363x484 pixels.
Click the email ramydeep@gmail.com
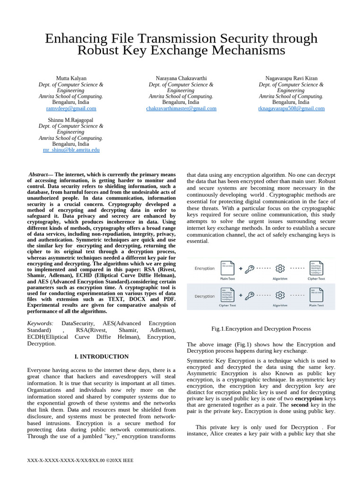pyautogui.click(x=71, y=108)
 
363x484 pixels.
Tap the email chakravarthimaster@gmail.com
pyautogui.click(x=181, y=108)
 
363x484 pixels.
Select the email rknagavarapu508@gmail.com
pyautogui.click(x=291, y=108)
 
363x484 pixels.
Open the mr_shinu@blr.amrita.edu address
pyautogui.click(x=71, y=150)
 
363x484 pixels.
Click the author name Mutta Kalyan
pyautogui.click(x=71, y=78)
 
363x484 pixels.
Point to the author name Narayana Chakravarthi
pyautogui.click(x=181, y=78)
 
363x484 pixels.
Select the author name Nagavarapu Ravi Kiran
pyautogui.click(x=291, y=78)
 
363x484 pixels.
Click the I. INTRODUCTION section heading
pyautogui.click(x=102, y=356)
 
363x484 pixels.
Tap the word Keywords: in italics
pyautogui.click(x=40, y=323)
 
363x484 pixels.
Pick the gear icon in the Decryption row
pyautogui.click(x=280, y=295)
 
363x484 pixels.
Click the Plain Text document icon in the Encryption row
pyautogui.click(x=227, y=268)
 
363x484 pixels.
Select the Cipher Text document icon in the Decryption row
pyautogui.click(x=227, y=295)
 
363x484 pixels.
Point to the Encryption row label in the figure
pyautogui.click(x=205, y=268)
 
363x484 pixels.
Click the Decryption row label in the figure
pyautogui.click(x=205, y=296)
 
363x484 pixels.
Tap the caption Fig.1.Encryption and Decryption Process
pyautogui.click(x=261, y=328)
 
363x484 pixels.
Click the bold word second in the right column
pyautogui.click(x=300, y=405)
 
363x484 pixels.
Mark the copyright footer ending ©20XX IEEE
pyautogui.click(x=80, y=460)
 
